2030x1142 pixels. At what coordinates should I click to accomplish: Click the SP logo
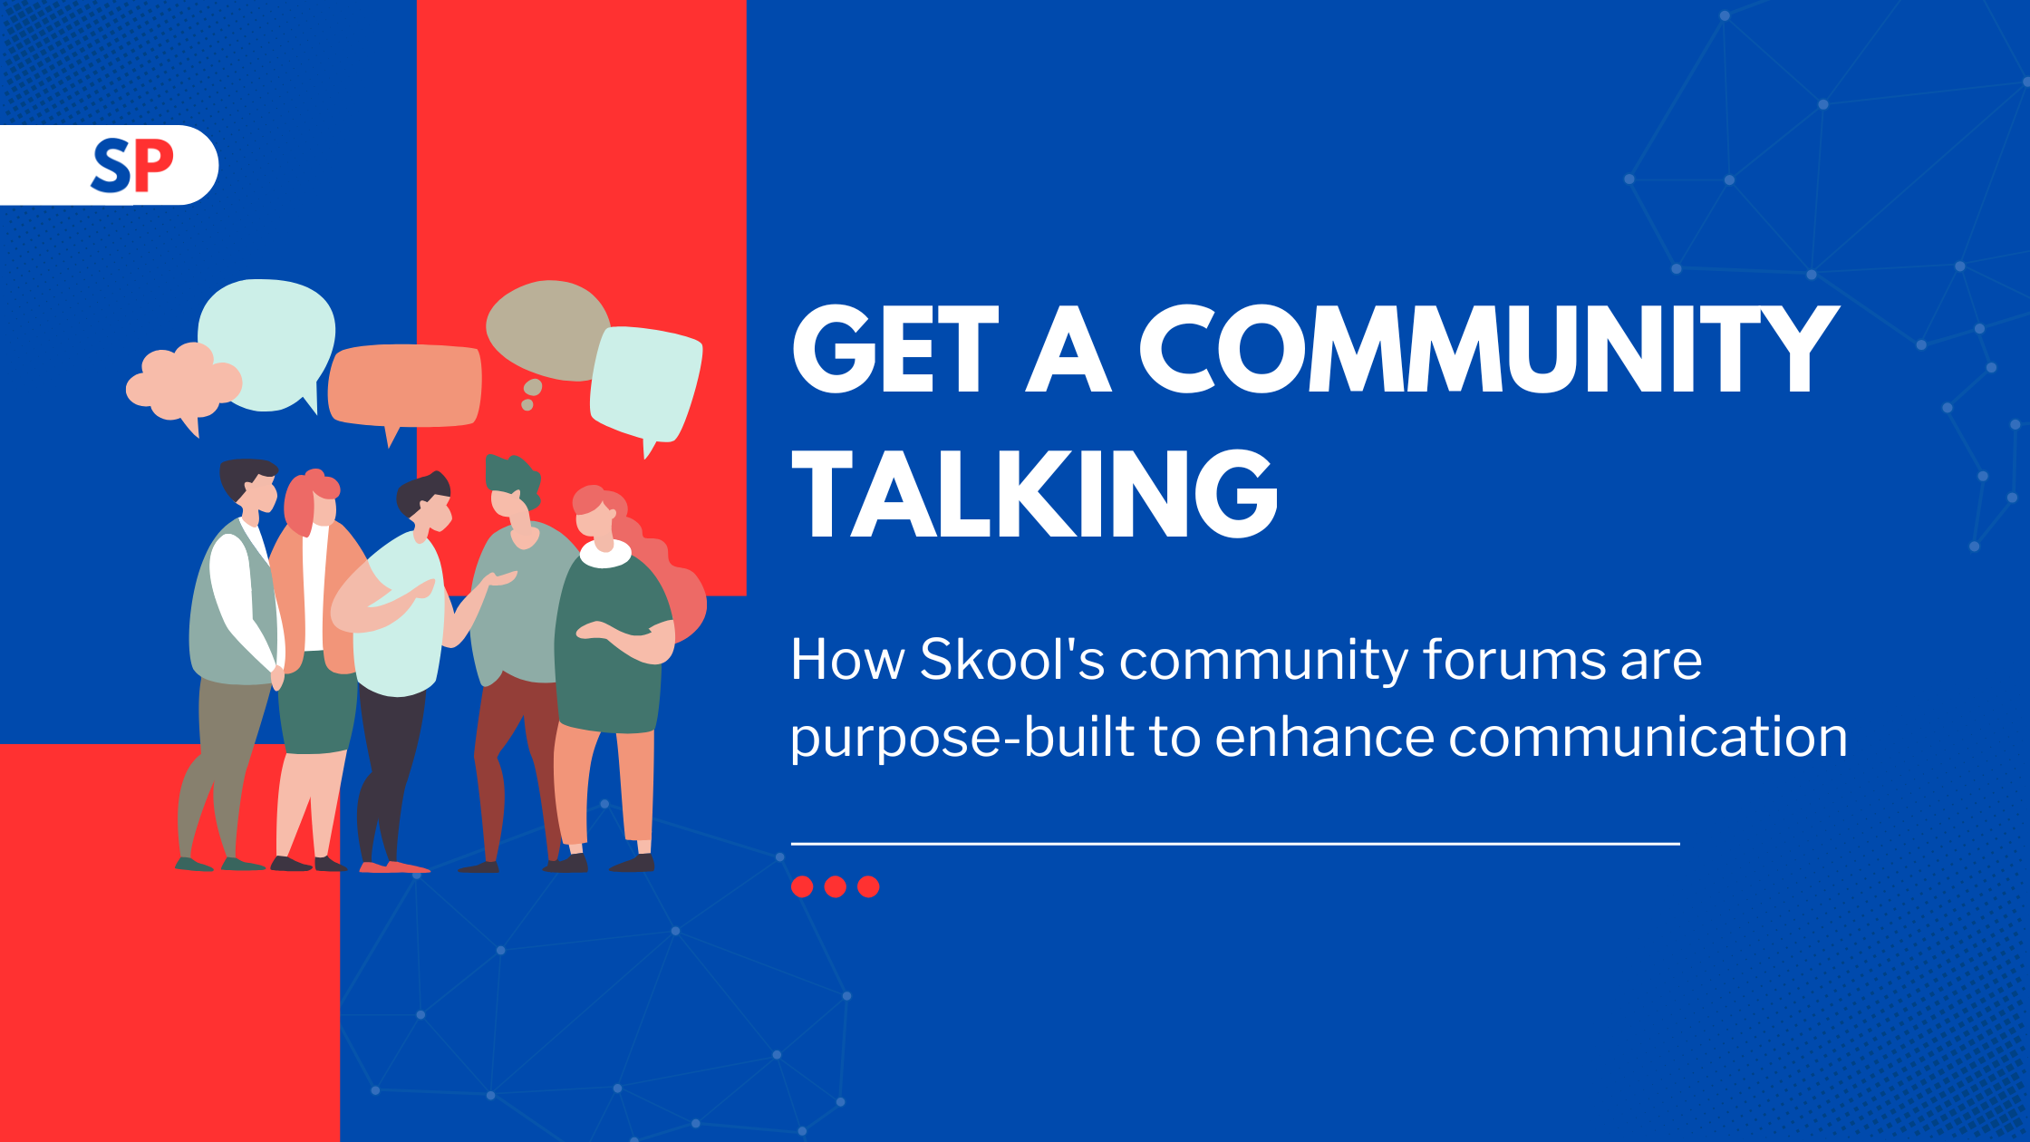[132, 166]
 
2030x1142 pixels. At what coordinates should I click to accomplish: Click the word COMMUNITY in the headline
[1488, 349]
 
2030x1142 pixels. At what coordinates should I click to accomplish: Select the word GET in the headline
[895, 349]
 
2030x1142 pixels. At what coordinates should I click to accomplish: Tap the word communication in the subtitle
[1648, 737]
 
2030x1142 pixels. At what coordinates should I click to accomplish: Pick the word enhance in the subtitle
[1324, 737]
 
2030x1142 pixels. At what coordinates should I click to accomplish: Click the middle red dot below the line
[836, 886]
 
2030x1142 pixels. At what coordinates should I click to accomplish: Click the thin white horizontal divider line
[1235, 844]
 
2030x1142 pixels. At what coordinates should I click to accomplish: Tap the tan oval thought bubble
[546, 331]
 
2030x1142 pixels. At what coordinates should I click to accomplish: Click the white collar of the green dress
[604, 554]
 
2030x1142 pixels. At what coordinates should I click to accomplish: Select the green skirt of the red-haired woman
[317, 702]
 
